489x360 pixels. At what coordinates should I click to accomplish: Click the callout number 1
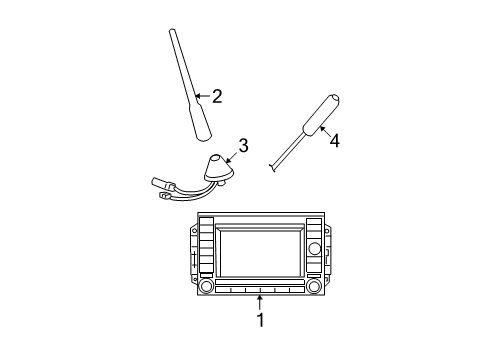pyautogui.click(x=261, y=320)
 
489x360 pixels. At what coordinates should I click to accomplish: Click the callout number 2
pyautogui.click(x=216, y=97)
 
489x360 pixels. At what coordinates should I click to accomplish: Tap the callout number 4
pyautogui.click(x=335, y=141)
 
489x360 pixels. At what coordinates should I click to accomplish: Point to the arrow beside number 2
pyautogui.click(x=202, y=97)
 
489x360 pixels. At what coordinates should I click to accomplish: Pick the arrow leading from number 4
pyautogui.click(x=325, y=130)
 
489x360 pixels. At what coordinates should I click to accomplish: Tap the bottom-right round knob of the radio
pyautogui.click(x=314, y=286)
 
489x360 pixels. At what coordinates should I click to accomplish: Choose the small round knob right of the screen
pyautogui.click(x=313, y=247)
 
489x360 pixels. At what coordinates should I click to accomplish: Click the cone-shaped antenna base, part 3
pyautogui.click(x=218, y=170)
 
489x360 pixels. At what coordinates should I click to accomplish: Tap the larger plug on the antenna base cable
pyautogui.click(x=162, y=182)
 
